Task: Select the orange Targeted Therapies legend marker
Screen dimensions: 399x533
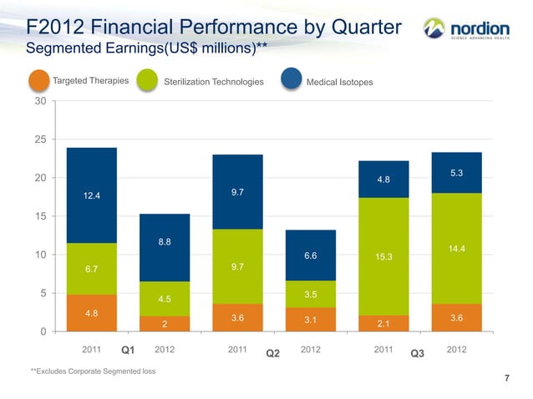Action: click(x=39, y=80)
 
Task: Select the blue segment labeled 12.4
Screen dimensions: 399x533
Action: click(x=91, y=195)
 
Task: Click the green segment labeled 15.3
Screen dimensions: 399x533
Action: click(x=383, y=256)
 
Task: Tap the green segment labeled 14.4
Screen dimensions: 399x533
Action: click(x=457, y=249)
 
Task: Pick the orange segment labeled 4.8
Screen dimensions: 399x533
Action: click(x=91, y=313)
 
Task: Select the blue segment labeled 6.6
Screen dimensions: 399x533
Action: click(x=310, y=255)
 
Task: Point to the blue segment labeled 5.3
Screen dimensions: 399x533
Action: click(x=457, y=173)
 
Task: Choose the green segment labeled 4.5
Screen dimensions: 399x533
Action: click(x=165, y=299)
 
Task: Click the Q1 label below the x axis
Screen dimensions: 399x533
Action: click(x=128, y=351)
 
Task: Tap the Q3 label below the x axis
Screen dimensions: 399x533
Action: click(x=419, y=354)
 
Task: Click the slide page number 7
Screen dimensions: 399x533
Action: click(x=507, y=380)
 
